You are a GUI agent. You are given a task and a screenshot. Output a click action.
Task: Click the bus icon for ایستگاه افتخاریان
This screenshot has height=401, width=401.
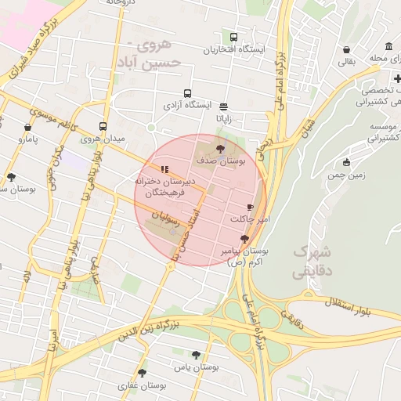click(x=233, y=37)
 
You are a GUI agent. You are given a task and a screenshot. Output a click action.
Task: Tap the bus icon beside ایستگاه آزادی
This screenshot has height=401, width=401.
click(x=187, y=92)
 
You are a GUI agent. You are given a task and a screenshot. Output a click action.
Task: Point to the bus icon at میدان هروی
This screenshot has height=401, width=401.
click(x=103, y=126)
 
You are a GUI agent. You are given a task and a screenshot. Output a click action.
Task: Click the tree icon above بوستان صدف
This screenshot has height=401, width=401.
click(x=219, y=148)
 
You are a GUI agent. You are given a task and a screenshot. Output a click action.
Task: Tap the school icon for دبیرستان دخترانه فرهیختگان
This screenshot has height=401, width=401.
click(x=164, y=169)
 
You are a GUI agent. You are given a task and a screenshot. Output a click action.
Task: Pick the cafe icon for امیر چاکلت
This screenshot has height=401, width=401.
click(x=250, y=206)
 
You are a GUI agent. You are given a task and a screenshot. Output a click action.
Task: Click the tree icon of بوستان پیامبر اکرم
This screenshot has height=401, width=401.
click(x=245, y=239)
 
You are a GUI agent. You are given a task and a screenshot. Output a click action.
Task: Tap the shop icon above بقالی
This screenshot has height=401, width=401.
click(x=346, y=49)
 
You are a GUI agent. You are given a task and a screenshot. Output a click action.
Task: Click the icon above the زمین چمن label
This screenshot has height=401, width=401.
click(x=347, y=163)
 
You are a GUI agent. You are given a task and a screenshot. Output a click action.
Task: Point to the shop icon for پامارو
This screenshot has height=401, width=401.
click(x=28, y=126)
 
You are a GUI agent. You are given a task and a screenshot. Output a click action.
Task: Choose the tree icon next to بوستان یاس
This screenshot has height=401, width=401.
click(x=196, y=355)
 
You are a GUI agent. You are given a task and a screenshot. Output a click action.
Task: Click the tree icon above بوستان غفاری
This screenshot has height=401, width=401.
click(x=142, y=373)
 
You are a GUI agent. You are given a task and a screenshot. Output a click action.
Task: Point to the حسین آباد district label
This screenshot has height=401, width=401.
click(x=157, y=61)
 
